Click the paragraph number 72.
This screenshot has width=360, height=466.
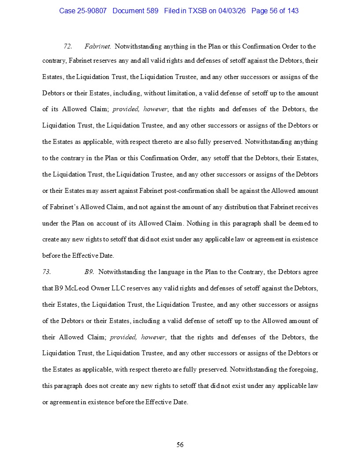point(68,46)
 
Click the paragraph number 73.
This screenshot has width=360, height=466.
point(47,272)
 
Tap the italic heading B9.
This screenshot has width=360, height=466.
point(89,272)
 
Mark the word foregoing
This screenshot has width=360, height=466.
point(298,370)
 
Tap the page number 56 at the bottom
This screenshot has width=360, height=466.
point(180,445)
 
